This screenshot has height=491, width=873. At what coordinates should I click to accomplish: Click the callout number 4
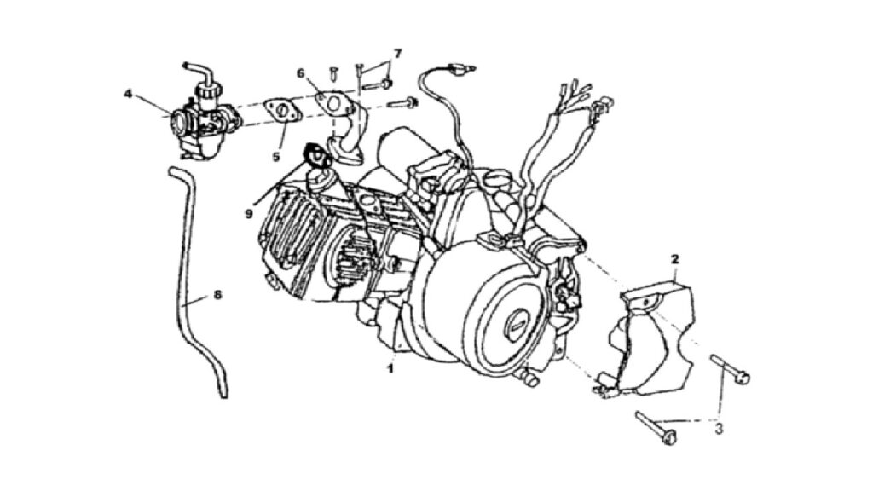(x=128, y=94)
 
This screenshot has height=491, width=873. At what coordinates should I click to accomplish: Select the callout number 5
(x=276, y=157)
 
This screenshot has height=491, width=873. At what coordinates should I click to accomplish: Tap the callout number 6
(x=301, y=73)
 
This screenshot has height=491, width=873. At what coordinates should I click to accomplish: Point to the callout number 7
(x=397, y=54)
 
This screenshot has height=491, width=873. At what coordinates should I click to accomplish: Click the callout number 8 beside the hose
(x=217, y=294)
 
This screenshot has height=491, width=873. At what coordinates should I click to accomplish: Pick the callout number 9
(x=248, y=213)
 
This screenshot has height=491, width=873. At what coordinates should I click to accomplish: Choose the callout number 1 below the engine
(x=390, y=368)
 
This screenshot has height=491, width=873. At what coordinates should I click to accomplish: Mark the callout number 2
(x=675, y=259)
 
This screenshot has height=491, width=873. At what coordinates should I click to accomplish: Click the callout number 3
(x=719, y=430)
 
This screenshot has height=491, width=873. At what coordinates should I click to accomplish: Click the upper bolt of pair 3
(x=730, y=370)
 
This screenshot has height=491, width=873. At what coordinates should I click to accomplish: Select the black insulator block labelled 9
(x=316, y=155)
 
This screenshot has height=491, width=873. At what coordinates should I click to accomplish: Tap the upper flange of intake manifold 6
(x=333, y=104)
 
